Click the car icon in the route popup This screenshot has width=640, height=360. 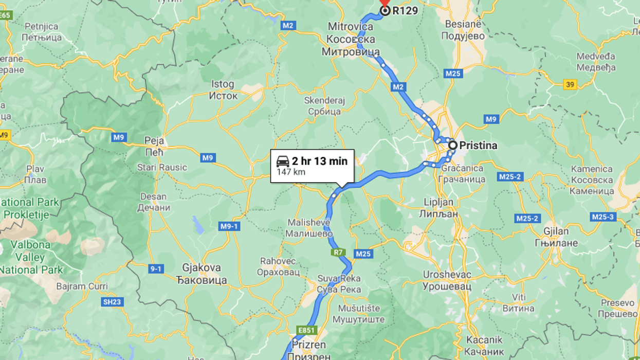[283, 161]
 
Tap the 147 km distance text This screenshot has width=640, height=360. [291, 172]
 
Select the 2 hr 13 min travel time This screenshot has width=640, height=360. [320, 161]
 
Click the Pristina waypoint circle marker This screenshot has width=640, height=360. [452, 146]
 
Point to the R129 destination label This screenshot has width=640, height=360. [405, 10]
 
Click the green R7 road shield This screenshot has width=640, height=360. [338, 253]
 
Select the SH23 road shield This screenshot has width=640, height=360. [112, 302]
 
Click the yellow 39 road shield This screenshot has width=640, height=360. [570, 85]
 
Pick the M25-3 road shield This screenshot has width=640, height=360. [603, 217]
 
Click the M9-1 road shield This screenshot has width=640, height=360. [229, 226]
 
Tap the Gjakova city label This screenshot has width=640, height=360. [202, 267]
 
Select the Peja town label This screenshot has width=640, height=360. [154, 140]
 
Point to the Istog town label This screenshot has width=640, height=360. [223, 84]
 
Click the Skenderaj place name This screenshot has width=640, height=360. [324, 101]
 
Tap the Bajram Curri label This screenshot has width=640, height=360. [82, 286]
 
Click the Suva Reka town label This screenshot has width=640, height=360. [339, 278]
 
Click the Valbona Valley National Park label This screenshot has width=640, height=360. [31, 257]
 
